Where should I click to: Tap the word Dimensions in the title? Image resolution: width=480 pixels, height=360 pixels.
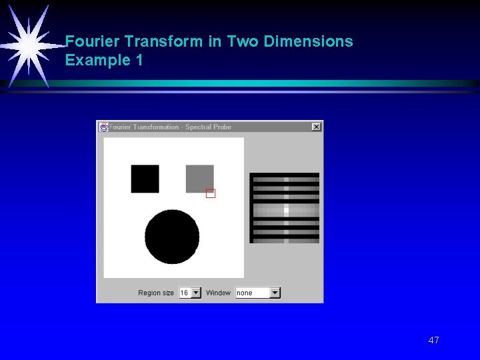pyautogui.click(x=308, y=41)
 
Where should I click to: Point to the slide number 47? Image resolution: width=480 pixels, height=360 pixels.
pyautogui.click(x=433, y=340)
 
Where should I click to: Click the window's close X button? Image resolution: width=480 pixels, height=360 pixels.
pyautogui.click(x=316, y=127)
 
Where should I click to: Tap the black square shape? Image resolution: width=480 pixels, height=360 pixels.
pyautogui.click(x=145, y=179)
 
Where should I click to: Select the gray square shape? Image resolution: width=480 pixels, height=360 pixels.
pyautogui.click(x=199, y=178)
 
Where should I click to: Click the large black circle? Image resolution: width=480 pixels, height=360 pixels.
pyautogui.click(x=172, y=237)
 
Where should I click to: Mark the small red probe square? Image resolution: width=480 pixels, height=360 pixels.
pyautogui.click(x=211, y=193)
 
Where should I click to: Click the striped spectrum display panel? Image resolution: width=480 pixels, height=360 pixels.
pyautogui.click(x=284, y=208)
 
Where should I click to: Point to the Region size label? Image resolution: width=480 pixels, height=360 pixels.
pyautogui.click(x=156, y=293)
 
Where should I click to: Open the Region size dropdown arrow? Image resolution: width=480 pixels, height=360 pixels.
pyautogui.click(x=195, y=293)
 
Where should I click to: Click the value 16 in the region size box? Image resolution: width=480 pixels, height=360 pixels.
pyautogui.click(x=185, y=293)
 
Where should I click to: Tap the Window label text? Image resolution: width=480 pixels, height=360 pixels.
pyautogui.click(x=218, y=293)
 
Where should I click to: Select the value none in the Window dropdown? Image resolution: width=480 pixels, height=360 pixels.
pyautogui.click(x=245, y=293)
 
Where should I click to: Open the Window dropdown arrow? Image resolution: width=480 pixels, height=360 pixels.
pyautogui.click(x=275, y=293)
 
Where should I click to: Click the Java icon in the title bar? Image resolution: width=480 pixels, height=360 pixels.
pyautogui.click(x=104, y=127)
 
